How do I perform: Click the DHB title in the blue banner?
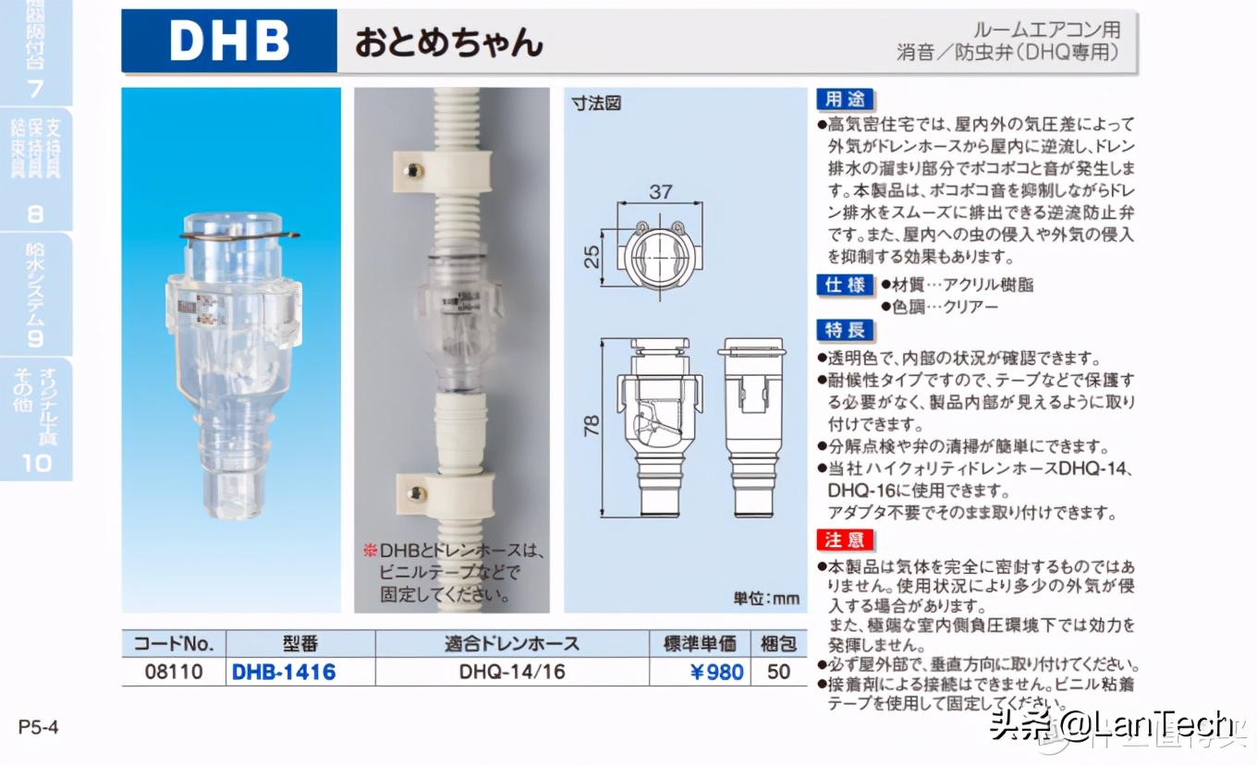click(x=229, y=42)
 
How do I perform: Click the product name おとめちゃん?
click(x=449, y=42)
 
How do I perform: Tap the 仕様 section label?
click(x=845, y=285)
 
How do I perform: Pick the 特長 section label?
click(x=845, y=330)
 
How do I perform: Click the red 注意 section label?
click(x=845, y=539)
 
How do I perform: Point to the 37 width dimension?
click(x=660, y=192)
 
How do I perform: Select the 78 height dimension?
click(x=592, y=425)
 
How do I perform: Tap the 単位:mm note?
click(x=766, y=598)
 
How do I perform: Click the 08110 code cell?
click(x=174, y=672)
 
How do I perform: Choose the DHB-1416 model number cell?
click(x=284, y=672)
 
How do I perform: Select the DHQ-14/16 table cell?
click(x=511, y=672)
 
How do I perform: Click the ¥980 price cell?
click(x=717, y=672)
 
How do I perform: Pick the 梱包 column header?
click(x=779, y=644)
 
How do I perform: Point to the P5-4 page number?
click(x=39, y=727)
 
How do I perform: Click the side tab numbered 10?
click(x=37, y=462)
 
